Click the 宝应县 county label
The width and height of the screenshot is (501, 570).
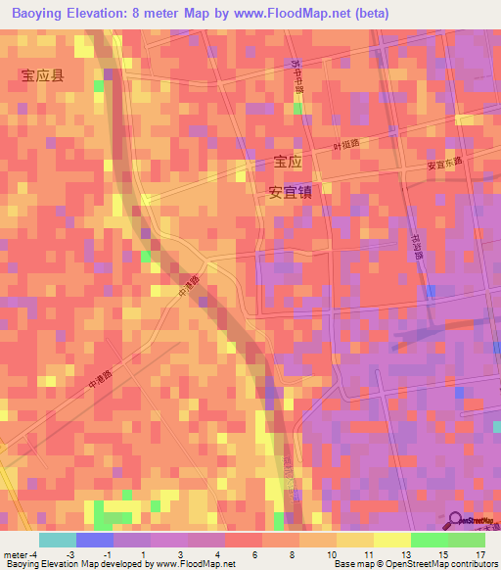click(42, 75)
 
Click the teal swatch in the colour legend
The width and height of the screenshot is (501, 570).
click(57, 540)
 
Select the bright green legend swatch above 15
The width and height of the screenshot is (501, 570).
click(429, 540)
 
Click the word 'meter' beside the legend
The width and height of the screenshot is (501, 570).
click(16, 555)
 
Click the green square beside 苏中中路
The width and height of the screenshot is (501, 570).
click(297, 107)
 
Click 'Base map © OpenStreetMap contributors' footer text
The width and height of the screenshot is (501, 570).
click(414, 564)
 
